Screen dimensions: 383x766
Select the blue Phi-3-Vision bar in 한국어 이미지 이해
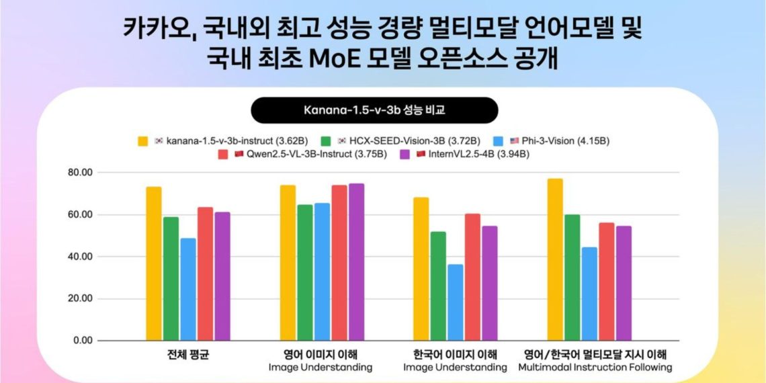456,302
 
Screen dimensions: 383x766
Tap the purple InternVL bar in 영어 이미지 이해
356,262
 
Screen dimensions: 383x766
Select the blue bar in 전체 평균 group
188,289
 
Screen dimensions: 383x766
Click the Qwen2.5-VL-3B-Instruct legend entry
302,155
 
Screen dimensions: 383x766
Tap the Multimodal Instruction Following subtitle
595,368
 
